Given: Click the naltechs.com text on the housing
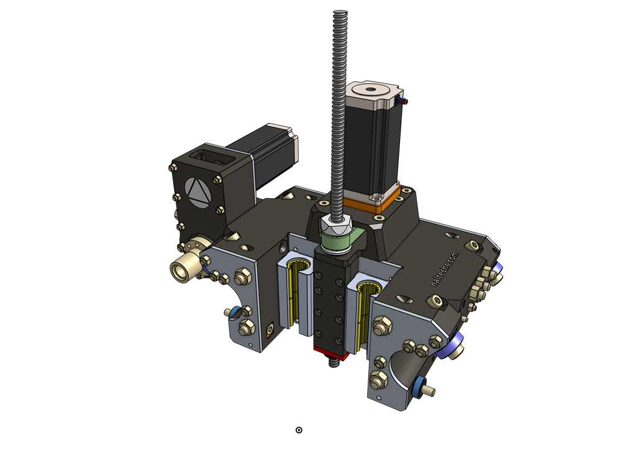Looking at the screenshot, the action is (444, 269).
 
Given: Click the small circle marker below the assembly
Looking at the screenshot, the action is (299, 430).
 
